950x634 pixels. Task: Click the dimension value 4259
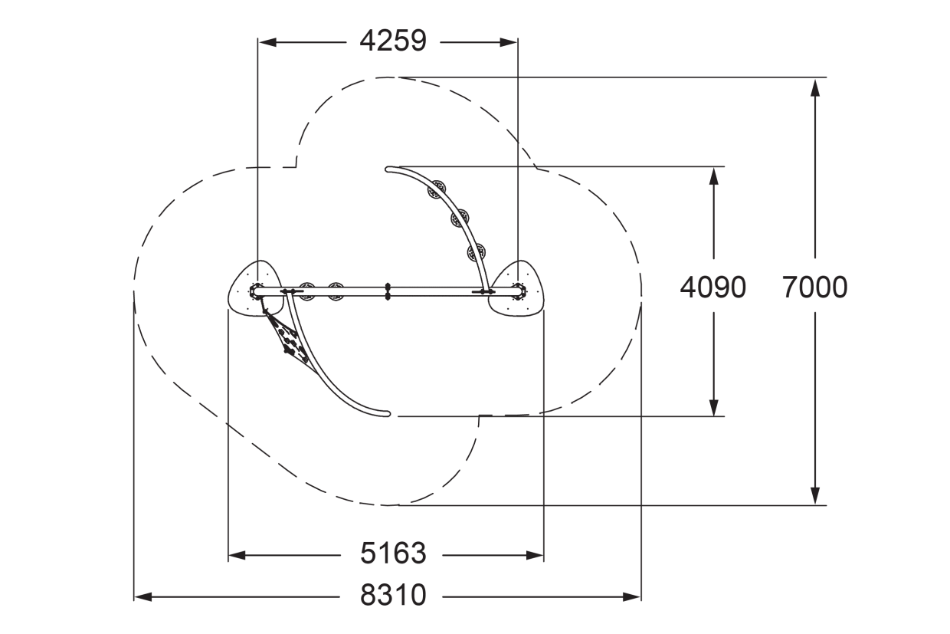pyautogui.click(x=393, y=41)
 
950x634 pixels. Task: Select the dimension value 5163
pyautogui.click(x=393, y=554)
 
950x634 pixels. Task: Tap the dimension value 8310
pyautogui.click(x=393, y=596)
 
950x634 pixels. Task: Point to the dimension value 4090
pyautogui.click(x=713, y=287)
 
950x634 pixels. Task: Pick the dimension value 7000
pyautogui.click(x=814, y=287)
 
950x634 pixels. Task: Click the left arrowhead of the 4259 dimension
pyautogui.click(x=267, y=42)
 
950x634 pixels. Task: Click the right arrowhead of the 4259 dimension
pyautogui.click(x=508, y=42)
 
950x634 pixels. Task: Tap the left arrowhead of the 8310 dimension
pyautogui.click(x=143, y=597)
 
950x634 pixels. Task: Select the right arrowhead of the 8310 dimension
pyautogui.click(x=631, y=597)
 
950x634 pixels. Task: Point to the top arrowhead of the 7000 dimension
pyautogui.click(x=814, y=88)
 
